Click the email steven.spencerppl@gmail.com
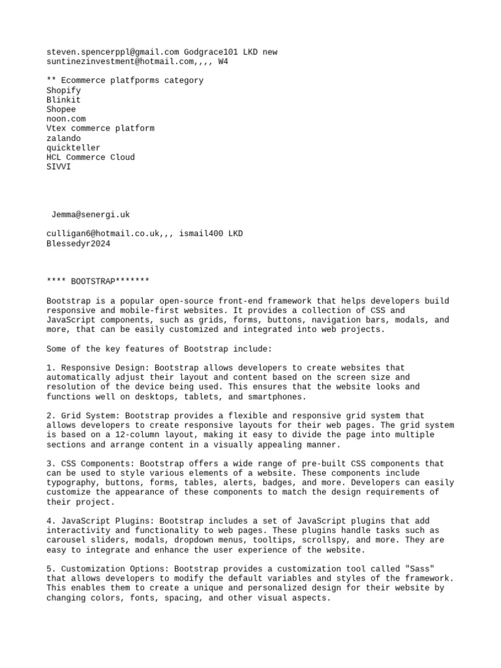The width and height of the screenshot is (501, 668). click(112, 52)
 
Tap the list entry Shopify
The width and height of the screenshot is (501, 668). click(64, 90)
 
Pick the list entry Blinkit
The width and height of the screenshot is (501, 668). click(64, 100)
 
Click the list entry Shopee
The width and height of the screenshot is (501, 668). click(61, 110)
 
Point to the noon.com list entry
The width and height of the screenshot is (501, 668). click(66, 119)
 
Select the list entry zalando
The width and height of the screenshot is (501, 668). click(64, 138)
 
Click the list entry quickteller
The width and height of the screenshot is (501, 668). click(74, 147)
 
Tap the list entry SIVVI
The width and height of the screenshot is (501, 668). click(59, 167)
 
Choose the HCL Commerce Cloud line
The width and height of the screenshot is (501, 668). click(91, 157)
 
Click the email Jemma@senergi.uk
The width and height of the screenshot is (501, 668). click(91, 215)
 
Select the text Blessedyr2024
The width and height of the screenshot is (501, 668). click(78, 243)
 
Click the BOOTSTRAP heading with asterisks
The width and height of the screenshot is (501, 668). click(98, 282)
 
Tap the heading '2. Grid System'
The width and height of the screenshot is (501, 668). click(81, 416)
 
